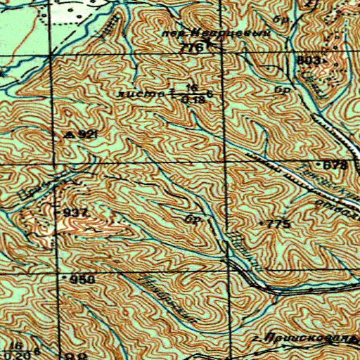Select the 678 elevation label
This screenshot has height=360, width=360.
click(x=335, y=165)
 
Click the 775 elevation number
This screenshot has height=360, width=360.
click(x=277, y=224)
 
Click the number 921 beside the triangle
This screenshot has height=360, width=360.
click(x=86, y=133)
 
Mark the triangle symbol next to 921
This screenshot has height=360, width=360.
click(x=69, y=133)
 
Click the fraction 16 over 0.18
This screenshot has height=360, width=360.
click(x=190, y=93)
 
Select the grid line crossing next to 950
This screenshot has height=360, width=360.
click(x=57, y=273)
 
